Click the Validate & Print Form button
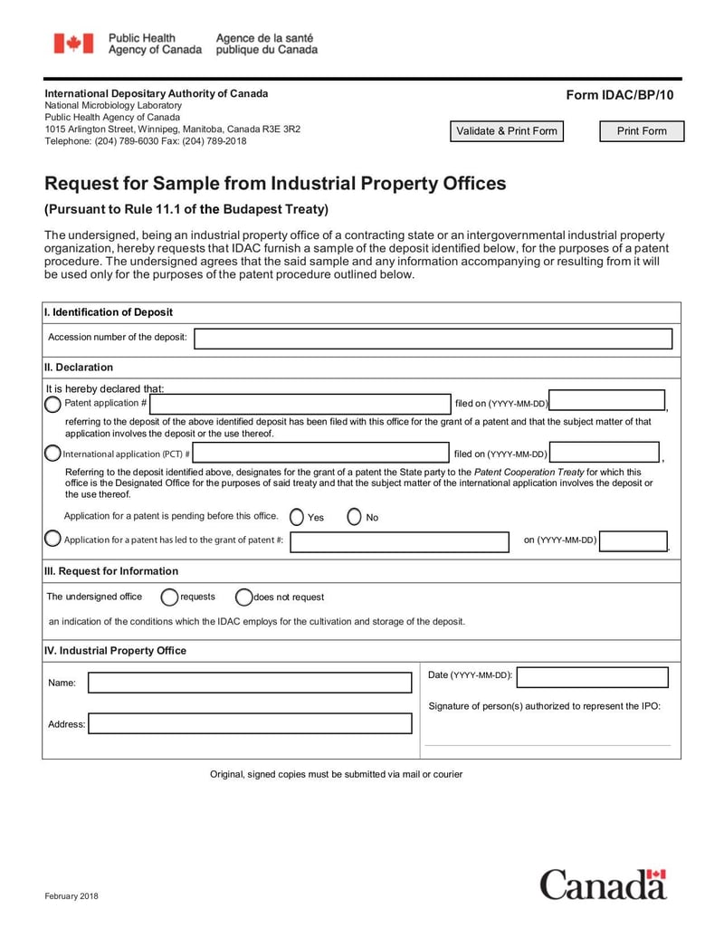point(507,131)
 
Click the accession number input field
point(433,339)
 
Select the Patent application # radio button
point(53,404)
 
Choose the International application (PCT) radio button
point(53,453)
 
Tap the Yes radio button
point(297,517)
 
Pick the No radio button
point(355,517)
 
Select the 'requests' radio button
point(169,597)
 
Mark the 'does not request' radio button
point(243,597)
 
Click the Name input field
point(249,683)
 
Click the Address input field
point(249,723)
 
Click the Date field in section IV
point(592,676)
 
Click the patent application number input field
point(300,404)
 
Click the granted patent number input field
point(399,541)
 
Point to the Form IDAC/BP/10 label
point(620,95)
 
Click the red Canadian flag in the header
point(73,43)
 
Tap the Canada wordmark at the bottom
point(604,884)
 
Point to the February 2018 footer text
point(71,896)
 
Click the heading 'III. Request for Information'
point(111,571)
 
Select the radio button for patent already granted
point(53,540)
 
